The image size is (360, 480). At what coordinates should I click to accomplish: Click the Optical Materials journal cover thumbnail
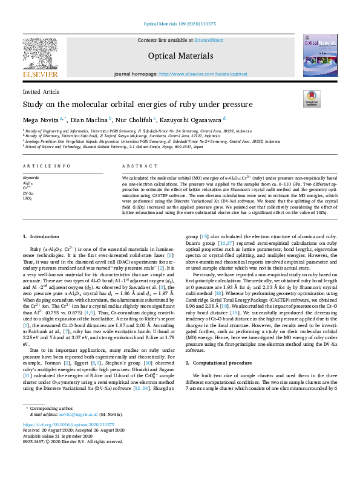pos(320,54)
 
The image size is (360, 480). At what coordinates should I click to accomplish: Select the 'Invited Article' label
pos(41,92)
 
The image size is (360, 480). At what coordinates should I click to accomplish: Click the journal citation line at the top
pos(180,25)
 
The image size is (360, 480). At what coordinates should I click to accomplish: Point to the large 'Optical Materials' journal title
pos(180,56)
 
